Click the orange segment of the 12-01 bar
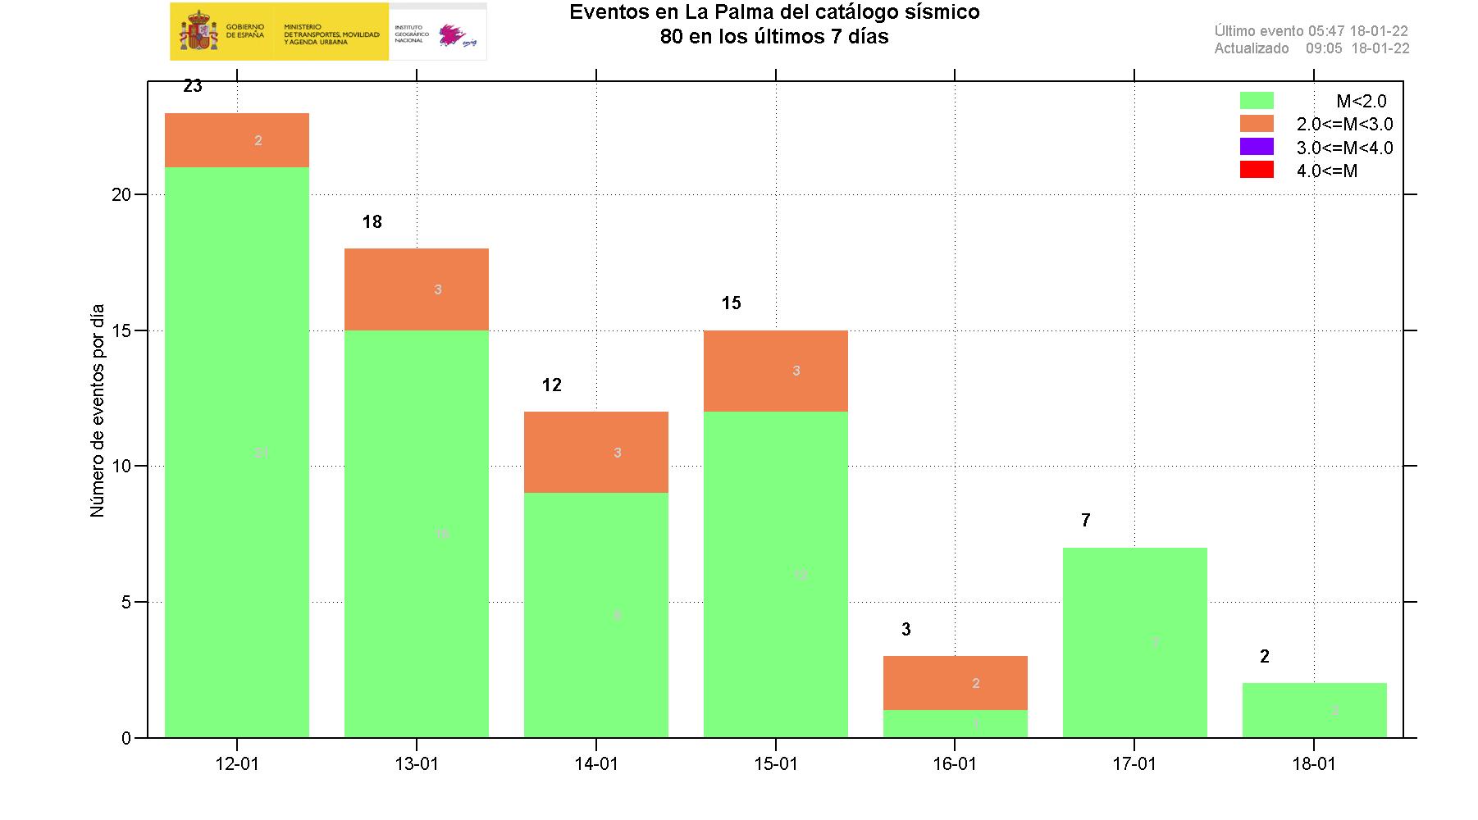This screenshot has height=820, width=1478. [x=237, y=140]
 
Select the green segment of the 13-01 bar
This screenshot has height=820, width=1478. [x=416, y=533]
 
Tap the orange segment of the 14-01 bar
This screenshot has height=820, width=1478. [x=595, y=452]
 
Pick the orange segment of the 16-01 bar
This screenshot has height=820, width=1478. [x=955, y=682]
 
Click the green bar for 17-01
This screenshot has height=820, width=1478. [x=1134, y=642]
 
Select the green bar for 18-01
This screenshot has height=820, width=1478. [x=1314, y=710]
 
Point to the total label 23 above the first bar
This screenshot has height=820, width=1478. [x=193, y=86]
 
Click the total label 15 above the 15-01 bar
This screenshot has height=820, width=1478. [x=731, y=303]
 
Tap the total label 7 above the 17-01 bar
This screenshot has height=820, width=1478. [x=1085, y=520]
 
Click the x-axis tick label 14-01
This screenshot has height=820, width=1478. [x=596, y=764]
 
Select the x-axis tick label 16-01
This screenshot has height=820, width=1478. [x=955, y=764]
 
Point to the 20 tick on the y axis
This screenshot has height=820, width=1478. [x=121, y=194]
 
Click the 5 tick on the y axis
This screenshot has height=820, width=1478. [x=126, y=602]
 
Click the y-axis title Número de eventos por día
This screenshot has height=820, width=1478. [x=98, y=410]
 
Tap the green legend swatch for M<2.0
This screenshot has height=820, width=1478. [x=1257, y=101]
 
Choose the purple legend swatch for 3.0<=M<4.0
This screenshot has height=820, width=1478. [x=1257, y=147]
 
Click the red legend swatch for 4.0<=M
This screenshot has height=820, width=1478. [x=1257, y=170]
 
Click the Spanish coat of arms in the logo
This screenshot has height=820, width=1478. [x=198, y=31]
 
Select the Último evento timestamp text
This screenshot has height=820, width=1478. [x=1311, y=31]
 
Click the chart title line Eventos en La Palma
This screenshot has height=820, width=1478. [x=774, y=12]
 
